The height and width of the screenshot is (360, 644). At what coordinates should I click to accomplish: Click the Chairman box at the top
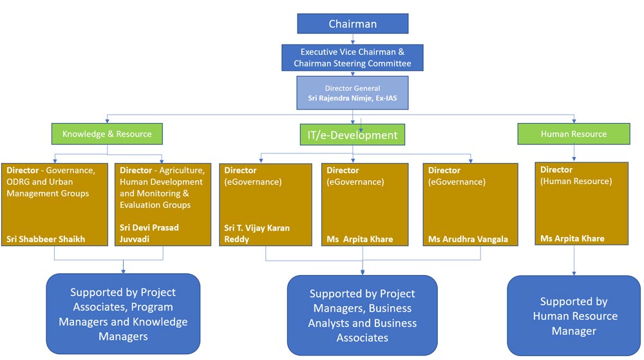(x=353, y=23)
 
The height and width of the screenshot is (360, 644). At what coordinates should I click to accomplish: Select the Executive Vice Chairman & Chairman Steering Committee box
(x=352, y=57)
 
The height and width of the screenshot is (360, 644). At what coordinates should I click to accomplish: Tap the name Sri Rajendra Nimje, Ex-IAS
(x=352, y=98)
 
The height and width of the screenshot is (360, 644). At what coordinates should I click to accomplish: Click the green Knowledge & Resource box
(x=107, y=134)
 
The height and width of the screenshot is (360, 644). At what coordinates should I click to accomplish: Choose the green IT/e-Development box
(x=352, y=135)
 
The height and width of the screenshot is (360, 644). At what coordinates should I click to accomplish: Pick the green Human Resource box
(x=574, y=134)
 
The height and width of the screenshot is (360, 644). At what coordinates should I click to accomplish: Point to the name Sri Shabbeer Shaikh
(x=46, y=239)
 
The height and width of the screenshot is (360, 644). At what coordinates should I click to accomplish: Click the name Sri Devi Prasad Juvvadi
(x=149, y=233)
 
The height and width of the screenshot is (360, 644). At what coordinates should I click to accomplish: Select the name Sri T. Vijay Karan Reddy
(x=257, y=234)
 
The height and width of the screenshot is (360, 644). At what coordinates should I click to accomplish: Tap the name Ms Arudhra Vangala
(x=468, y=239)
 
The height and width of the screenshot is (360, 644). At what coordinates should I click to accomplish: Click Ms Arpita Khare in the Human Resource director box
(x=572, y=238)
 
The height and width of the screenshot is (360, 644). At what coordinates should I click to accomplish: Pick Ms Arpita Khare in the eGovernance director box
(x=360, y=239)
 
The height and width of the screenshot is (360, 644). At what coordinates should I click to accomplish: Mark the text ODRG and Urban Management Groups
(x=48, y=187)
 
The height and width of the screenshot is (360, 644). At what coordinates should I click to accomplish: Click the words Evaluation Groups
(x=155, y=205)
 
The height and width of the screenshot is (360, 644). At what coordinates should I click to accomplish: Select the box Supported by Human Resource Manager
(x=574, y=316)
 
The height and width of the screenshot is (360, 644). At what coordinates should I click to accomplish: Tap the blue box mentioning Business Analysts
(x=362, y=316)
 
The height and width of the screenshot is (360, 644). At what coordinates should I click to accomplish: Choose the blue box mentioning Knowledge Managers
(x=123, y=314)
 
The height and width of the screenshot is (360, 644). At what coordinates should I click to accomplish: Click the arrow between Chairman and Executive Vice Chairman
(x=353, y=39)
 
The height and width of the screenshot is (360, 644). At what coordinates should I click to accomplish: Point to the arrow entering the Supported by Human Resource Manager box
(x=574, y=260)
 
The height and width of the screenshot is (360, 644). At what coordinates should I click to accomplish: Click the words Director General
(x=352, y=88)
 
